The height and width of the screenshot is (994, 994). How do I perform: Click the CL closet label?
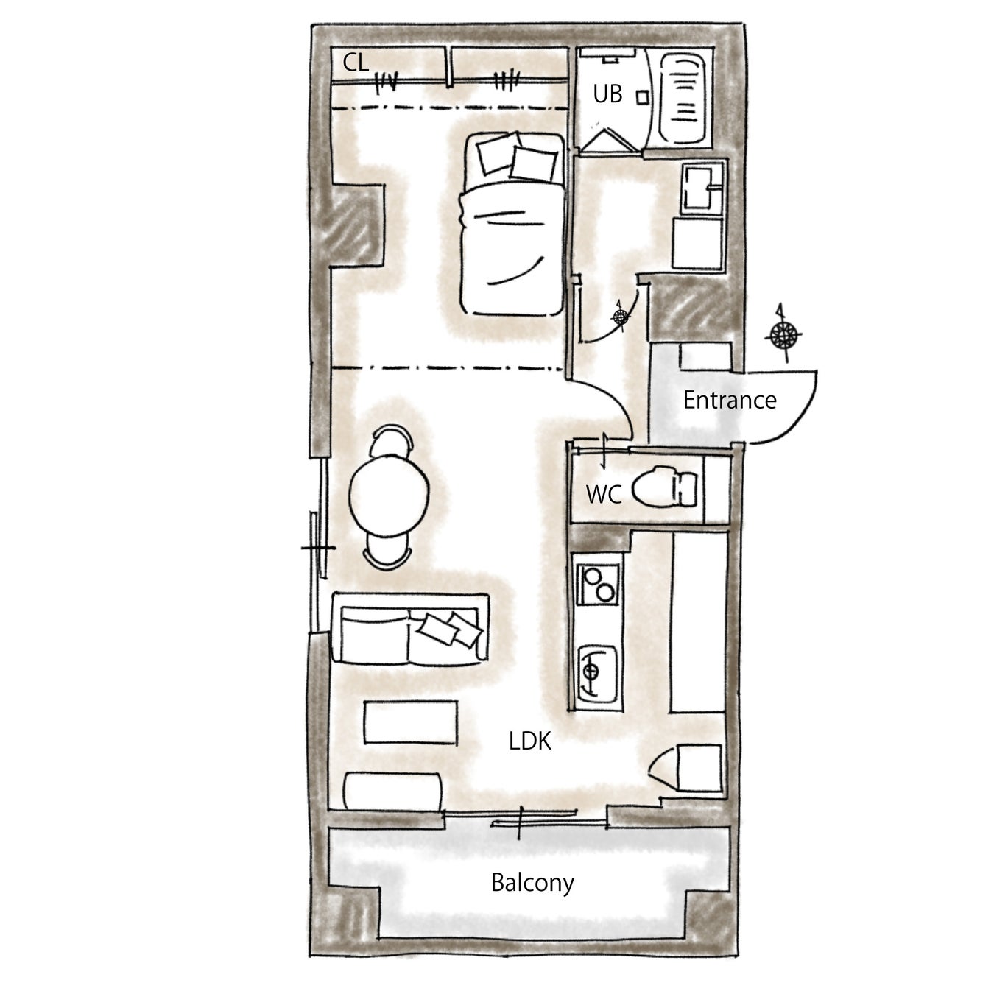click(356, 63)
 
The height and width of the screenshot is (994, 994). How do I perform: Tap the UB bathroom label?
click(607, 94)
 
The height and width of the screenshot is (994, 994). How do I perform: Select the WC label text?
click(604, 495)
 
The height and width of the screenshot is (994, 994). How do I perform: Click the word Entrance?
click(730, 401)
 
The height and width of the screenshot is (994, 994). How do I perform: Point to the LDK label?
click(529, 741)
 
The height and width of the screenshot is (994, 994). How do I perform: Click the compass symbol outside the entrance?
click(783, 335)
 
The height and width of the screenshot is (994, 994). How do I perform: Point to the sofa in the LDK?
click(410, 628)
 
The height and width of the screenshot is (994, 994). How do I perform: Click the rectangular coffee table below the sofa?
click(411, 722)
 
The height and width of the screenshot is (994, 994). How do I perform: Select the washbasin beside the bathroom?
click(702, 188)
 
